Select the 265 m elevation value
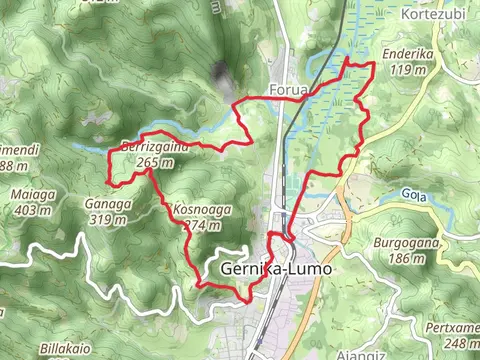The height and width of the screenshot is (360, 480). coord(147,163)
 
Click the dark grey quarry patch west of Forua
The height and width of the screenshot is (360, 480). coord(219,72)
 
